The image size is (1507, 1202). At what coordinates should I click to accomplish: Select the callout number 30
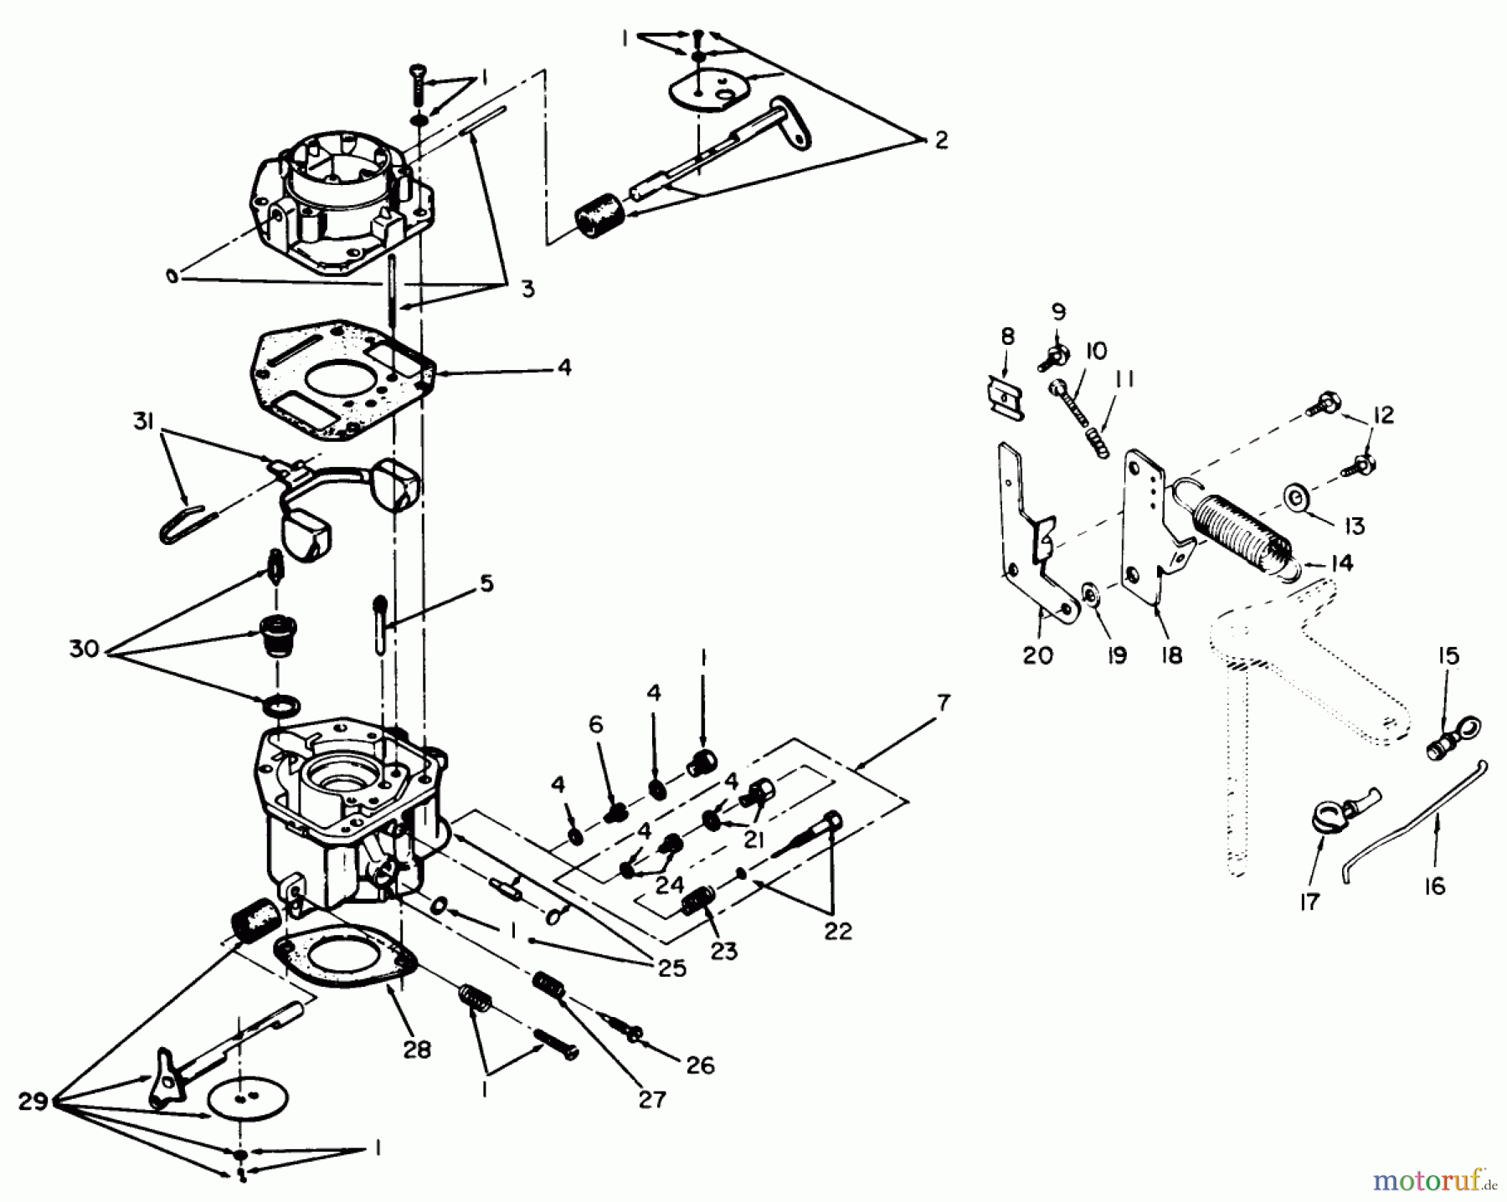(x=84, y=649)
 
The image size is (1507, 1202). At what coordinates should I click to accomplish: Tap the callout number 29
(x=33, y=1102)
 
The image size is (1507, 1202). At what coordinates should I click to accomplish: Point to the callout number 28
(x=416, y=1050)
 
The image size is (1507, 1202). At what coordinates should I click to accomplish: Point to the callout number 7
(x=944, y=703)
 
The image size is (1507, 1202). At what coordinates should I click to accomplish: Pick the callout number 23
(x=724, y=952)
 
